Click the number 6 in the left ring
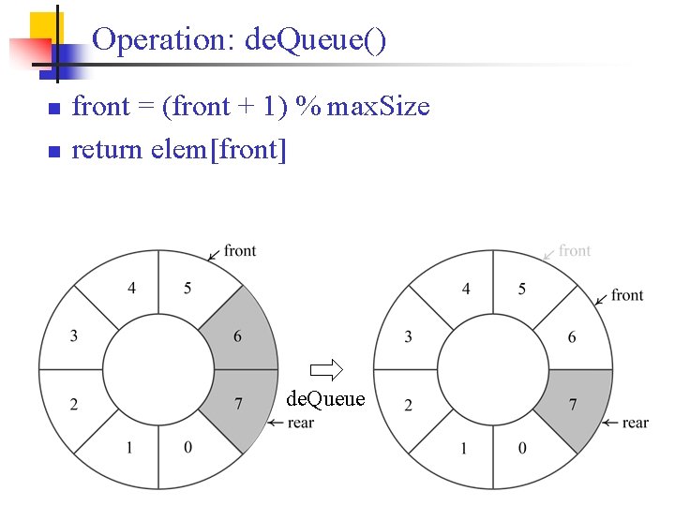237,336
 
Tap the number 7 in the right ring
573,404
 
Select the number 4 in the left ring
132,288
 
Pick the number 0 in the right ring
522,448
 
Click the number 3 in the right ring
408,336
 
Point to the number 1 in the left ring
129,448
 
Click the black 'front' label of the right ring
627,295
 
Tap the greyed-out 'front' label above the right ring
574,250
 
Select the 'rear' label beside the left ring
299,423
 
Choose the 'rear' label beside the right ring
635,423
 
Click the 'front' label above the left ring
240,250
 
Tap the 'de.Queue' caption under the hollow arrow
325,399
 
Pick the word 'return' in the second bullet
107,149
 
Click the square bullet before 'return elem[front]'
53,151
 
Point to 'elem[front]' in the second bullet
218,149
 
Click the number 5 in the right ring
522,288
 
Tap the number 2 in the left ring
73,404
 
